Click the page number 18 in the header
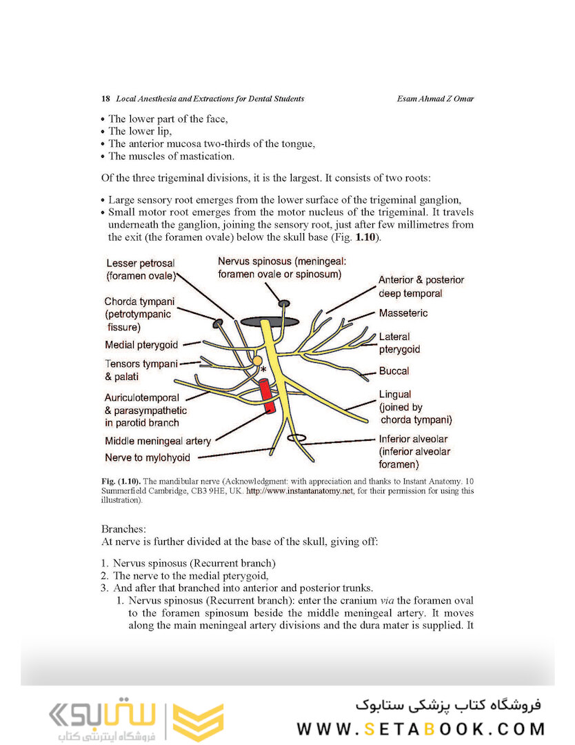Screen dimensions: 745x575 (105, 99)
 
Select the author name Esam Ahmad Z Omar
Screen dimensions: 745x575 (436, 99)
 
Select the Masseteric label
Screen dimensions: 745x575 (403, 313)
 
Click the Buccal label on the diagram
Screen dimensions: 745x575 (394, 371)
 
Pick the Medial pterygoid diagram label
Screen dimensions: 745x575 (141, 345)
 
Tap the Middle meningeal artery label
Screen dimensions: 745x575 (158, 441)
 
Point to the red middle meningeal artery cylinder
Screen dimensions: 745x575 (267, 397)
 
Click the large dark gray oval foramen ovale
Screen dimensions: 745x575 (270, 322)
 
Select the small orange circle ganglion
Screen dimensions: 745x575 (256, 360)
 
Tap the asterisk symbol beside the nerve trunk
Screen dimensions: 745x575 (263, 371)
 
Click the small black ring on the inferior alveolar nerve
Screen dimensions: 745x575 (296, 438)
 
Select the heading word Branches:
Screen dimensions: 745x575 (119, 529)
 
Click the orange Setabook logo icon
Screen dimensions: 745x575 (198, 722)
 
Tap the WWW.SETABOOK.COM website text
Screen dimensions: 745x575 (421, 729)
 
